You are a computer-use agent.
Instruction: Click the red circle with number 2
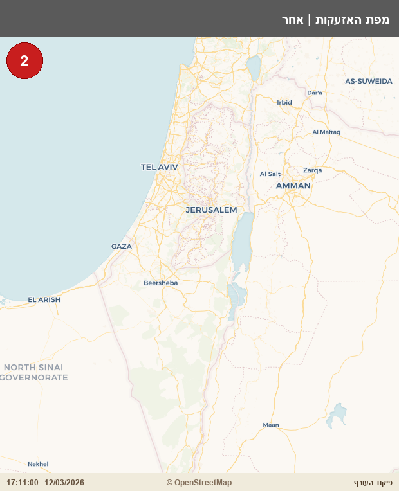point(24,61)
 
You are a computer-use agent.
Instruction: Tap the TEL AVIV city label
point(159,167)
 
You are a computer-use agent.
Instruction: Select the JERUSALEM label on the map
point(211,210)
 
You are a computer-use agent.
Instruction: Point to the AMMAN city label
point(293,186)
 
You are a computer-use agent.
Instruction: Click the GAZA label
point(121,246)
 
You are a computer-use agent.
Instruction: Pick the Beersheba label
point(160,283)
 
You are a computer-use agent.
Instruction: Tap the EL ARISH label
point(44,299)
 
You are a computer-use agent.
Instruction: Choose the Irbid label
point(284,102)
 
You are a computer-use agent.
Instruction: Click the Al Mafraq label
point(326,132)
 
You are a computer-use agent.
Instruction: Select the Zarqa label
point(312,170)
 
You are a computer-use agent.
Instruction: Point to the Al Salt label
point(270,174)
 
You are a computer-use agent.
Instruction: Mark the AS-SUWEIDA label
point(368,82)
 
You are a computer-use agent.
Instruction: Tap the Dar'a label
point(315,93)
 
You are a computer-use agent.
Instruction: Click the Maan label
point(271,425)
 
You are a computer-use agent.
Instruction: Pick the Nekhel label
point(38,464)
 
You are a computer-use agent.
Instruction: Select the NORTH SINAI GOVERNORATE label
point(33,372)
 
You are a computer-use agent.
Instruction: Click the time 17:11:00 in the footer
point(23,483)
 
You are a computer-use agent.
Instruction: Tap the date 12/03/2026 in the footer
point(64,483)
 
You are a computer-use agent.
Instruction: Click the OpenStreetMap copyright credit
point(199,483)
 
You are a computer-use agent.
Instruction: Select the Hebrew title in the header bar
point(335,19)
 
